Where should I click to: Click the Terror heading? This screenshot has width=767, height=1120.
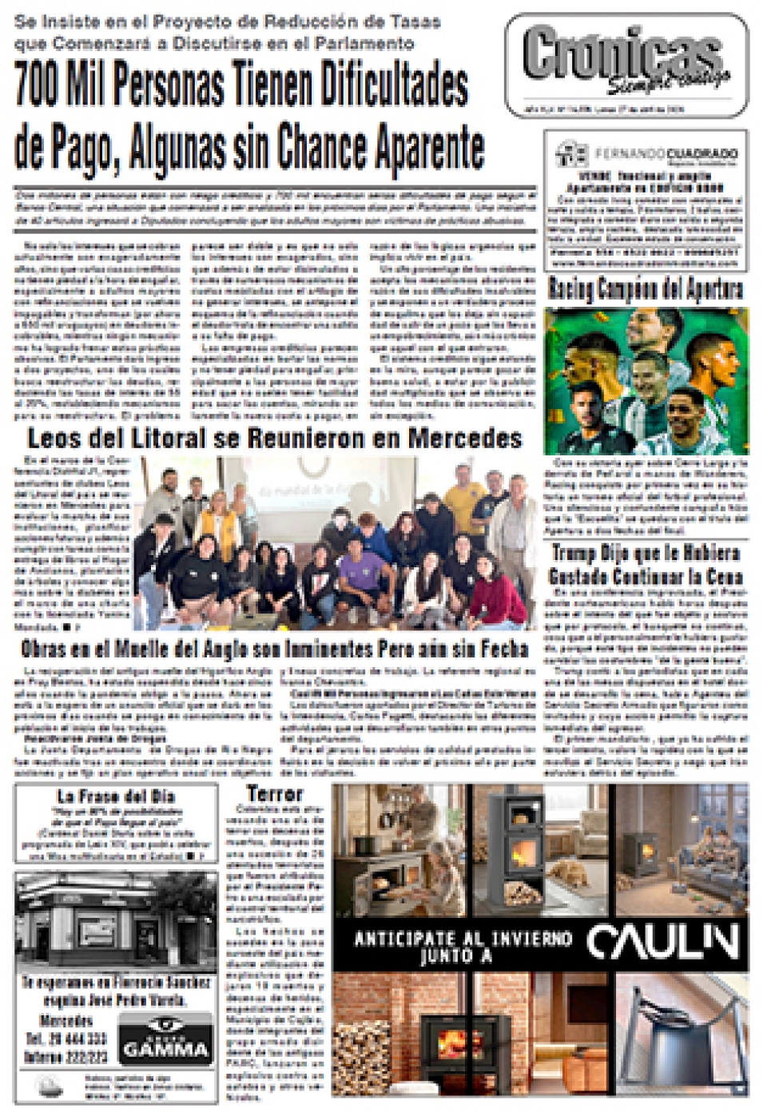[275, 793]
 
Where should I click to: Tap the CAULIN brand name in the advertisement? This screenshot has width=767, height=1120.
[662, 943]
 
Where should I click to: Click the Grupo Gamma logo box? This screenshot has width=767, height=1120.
[166, 1040]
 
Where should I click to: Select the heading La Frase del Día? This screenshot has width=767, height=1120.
[116, 796]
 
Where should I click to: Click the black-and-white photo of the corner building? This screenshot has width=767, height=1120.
[116, 923]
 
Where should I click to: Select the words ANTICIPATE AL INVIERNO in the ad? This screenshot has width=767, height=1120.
[463, 939]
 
